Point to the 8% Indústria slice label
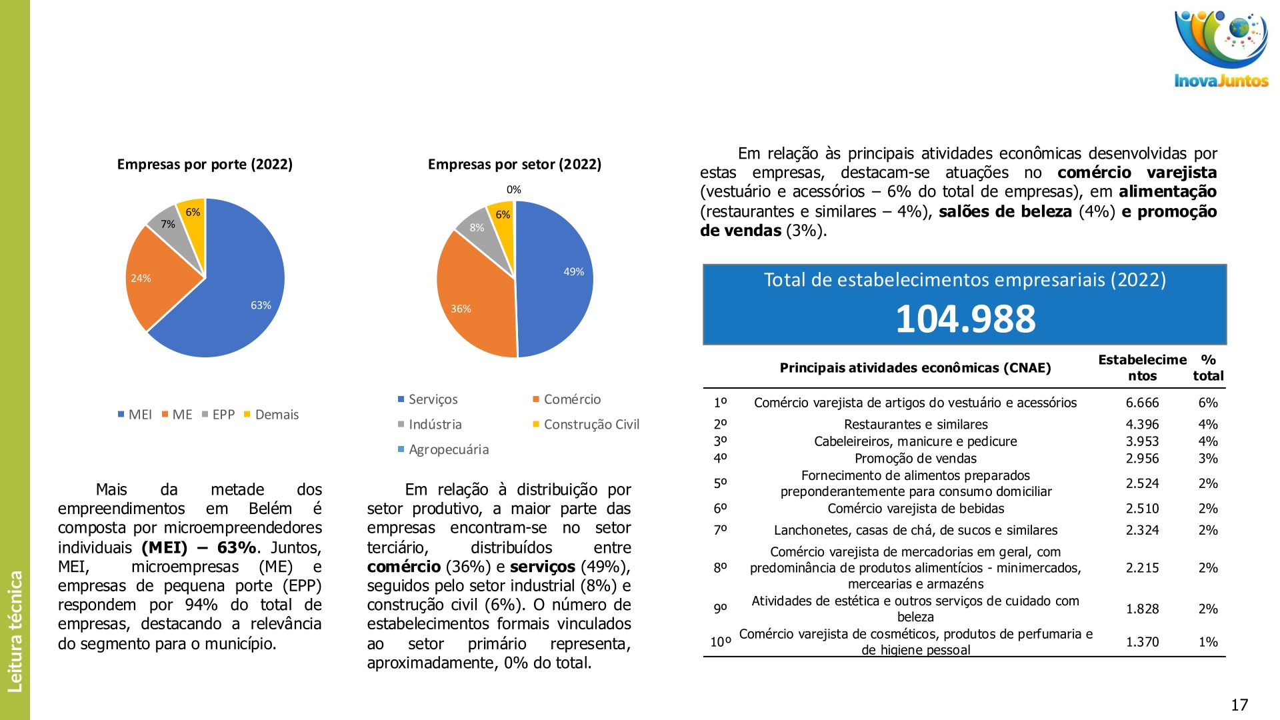[477, 227]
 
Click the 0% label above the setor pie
[513, 190]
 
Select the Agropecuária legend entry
[448, 449]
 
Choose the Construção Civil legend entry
[591, 425]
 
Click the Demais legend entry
[276, 415]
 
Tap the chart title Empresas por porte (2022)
[205, 164]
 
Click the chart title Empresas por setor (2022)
[514, 164]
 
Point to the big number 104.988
[965, 319]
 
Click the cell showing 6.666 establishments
[1142, 403]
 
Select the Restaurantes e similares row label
[915, 424]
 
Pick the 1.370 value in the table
[1142, 642]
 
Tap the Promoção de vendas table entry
[915, 459]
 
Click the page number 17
[1239, 705]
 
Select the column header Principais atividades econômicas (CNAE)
[915, 368]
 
